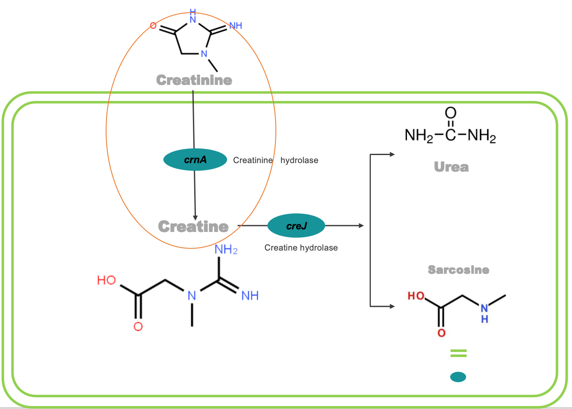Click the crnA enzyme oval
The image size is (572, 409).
(195, 160)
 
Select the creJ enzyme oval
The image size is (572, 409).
(296, 226)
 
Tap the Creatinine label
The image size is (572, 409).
(194, 80)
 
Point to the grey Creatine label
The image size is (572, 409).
(193, 226)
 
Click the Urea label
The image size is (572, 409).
(451, 167)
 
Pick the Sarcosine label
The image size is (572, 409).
(458, 270)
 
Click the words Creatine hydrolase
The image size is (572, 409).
(301, 248)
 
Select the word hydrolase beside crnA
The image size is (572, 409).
(299, 160)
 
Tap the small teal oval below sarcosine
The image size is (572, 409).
(458, 376)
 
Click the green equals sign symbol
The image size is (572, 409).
(458, 353)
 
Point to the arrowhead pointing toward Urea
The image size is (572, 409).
(392, 154)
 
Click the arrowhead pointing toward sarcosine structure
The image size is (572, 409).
(392, 306)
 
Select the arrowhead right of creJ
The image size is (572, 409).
(361, 226)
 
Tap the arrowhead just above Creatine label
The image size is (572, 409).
(195, 217)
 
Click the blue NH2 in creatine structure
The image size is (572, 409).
(226, 250)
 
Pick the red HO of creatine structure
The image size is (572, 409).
(106, 280)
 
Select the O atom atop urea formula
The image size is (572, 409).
(451, 113)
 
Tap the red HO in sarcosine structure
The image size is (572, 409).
(416, 296)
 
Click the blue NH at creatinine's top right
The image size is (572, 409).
(236, 25)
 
